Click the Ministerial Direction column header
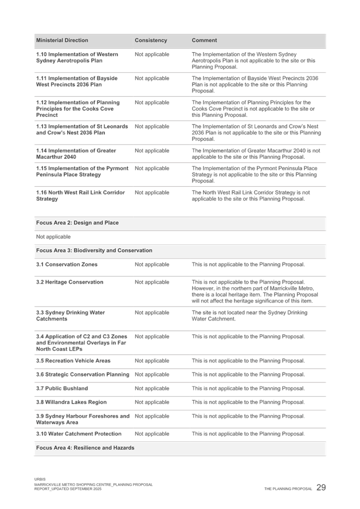click(62, 41)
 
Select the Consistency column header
click(151, 41)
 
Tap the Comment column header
click(204, 41)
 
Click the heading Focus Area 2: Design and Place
click(77, 222)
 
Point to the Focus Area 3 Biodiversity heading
click(93, 250)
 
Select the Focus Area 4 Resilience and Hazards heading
click(85, 448)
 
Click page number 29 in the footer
click(321, 487)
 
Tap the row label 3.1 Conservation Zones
click(66, 265)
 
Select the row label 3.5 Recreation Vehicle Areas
click(73, 361)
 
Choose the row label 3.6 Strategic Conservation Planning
click(79, 375)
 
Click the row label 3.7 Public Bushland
click(62, 389)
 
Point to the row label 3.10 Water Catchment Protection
click(79, 434)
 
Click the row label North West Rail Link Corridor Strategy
click(80, 195)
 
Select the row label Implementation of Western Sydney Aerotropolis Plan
click(77, 57)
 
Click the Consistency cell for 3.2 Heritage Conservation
click(152, 283)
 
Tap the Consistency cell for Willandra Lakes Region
click(152, 402)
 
